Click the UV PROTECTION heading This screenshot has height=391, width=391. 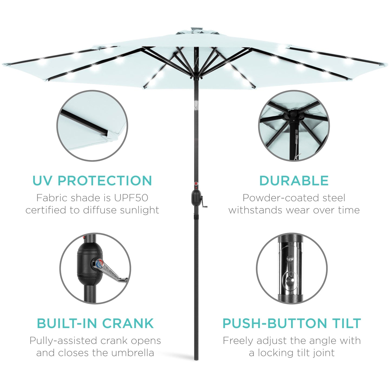[92, 181]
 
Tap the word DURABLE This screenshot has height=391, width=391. [294, 181]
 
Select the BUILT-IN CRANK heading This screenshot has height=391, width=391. [95, 323]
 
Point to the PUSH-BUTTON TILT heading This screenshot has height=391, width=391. [292, 323]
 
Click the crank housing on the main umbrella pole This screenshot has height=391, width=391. [196, 198]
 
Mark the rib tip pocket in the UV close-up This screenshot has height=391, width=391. [105, 133]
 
